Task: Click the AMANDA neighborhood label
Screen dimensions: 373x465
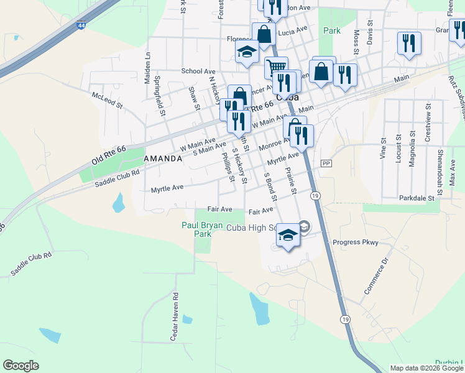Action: click(x=163, y=159)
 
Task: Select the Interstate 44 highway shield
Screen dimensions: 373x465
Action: click(x=81, y=25)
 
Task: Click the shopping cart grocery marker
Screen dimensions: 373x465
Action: click(x=276, y=67)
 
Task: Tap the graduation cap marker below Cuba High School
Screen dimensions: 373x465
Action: click(x=288, y=236)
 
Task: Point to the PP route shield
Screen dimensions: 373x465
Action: click(x=326, y=163)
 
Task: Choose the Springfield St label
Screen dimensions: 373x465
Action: click(x=159, y=96)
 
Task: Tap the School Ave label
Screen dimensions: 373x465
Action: click(x=198, y=71)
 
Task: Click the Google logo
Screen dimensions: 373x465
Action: click(x=21, y=366)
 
